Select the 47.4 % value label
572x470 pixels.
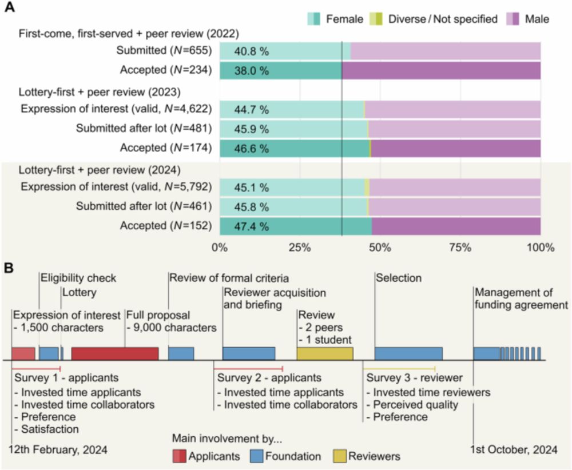coord(251,226)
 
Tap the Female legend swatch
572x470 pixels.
coord(314,19)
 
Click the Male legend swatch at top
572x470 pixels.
coord(513,19)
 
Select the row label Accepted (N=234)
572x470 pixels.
coord(166,70)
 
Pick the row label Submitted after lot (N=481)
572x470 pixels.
coord(144,129)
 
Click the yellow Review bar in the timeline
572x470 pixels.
coord(324,353)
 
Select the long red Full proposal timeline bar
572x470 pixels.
coord(114,353)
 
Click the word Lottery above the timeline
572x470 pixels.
coord(80,292)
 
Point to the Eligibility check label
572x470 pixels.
coord(78,278)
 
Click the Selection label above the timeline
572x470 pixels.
coord(398,278)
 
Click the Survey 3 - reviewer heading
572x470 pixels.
coord(415,378)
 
